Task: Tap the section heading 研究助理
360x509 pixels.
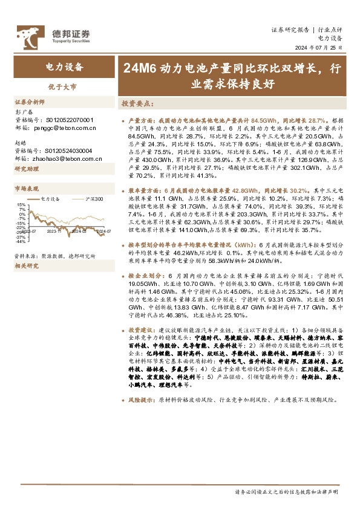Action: point(27,169)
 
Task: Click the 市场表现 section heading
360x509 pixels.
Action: point(27,189)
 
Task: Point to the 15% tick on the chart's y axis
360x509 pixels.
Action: point(22,206)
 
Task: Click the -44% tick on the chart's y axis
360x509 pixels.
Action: point(21,241)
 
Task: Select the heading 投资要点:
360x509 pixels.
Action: point(137,103)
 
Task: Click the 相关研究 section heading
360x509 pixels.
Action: point(27,265)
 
